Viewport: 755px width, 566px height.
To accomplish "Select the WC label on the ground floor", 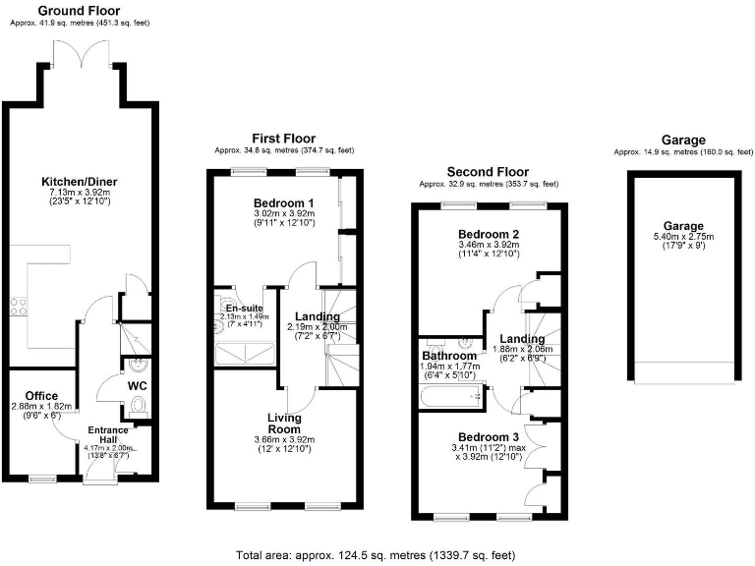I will point(137,384).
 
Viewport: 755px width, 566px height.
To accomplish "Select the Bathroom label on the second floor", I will point(448,356).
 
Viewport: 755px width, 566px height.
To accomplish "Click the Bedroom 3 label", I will point(487,437).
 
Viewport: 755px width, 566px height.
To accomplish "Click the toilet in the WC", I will point(137,406).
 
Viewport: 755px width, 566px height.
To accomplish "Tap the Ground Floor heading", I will point(72,10).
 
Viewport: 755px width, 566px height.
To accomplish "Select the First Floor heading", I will point(284,140).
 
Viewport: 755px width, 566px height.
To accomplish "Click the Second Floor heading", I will point(488,172).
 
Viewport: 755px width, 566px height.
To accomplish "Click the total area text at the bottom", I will point(376,555).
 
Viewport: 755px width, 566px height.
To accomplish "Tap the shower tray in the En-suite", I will point(242,353).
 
